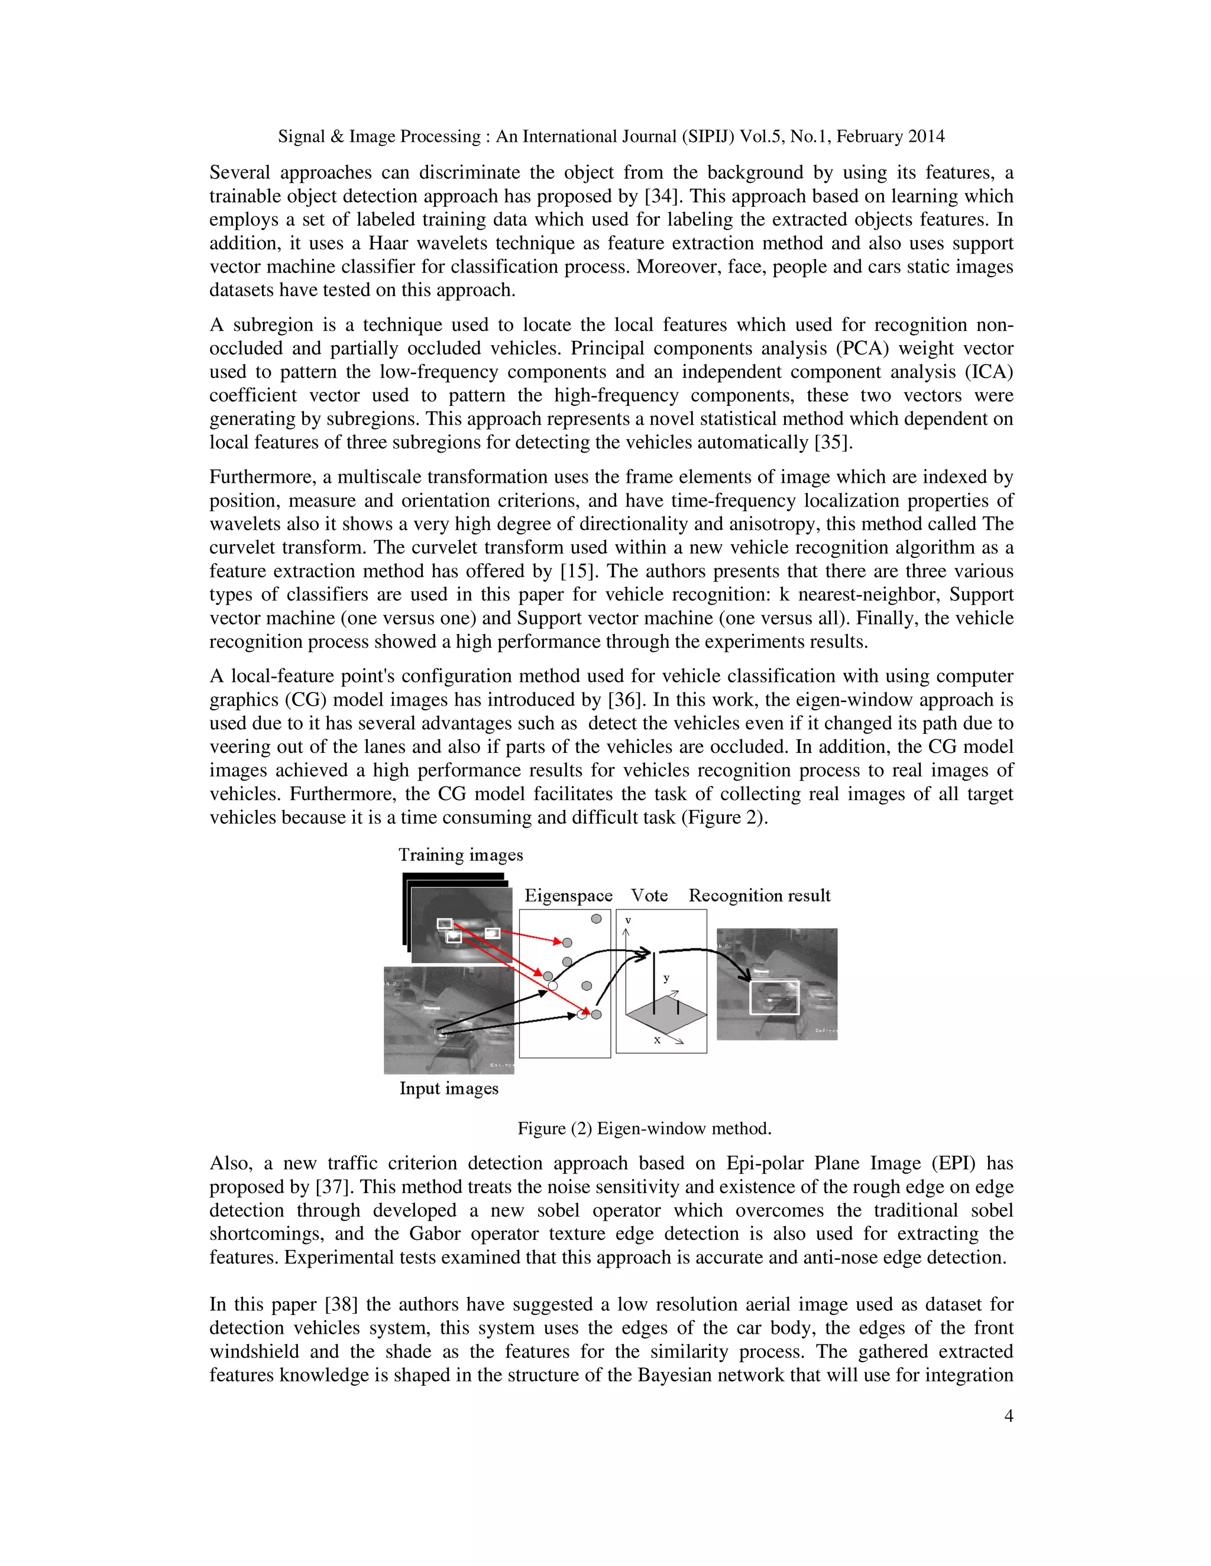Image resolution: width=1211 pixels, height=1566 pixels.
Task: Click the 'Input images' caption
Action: pos(448,1089)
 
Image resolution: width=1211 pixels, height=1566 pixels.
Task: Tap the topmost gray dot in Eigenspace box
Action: pos(596,918)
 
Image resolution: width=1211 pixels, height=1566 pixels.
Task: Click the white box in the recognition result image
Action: pos(774,998)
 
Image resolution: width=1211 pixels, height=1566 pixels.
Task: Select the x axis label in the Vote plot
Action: pos(657,1039)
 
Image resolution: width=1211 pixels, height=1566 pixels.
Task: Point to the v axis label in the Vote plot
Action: pos(628,920)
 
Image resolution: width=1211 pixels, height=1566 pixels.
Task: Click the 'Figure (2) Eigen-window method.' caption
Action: pos(645,1129)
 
